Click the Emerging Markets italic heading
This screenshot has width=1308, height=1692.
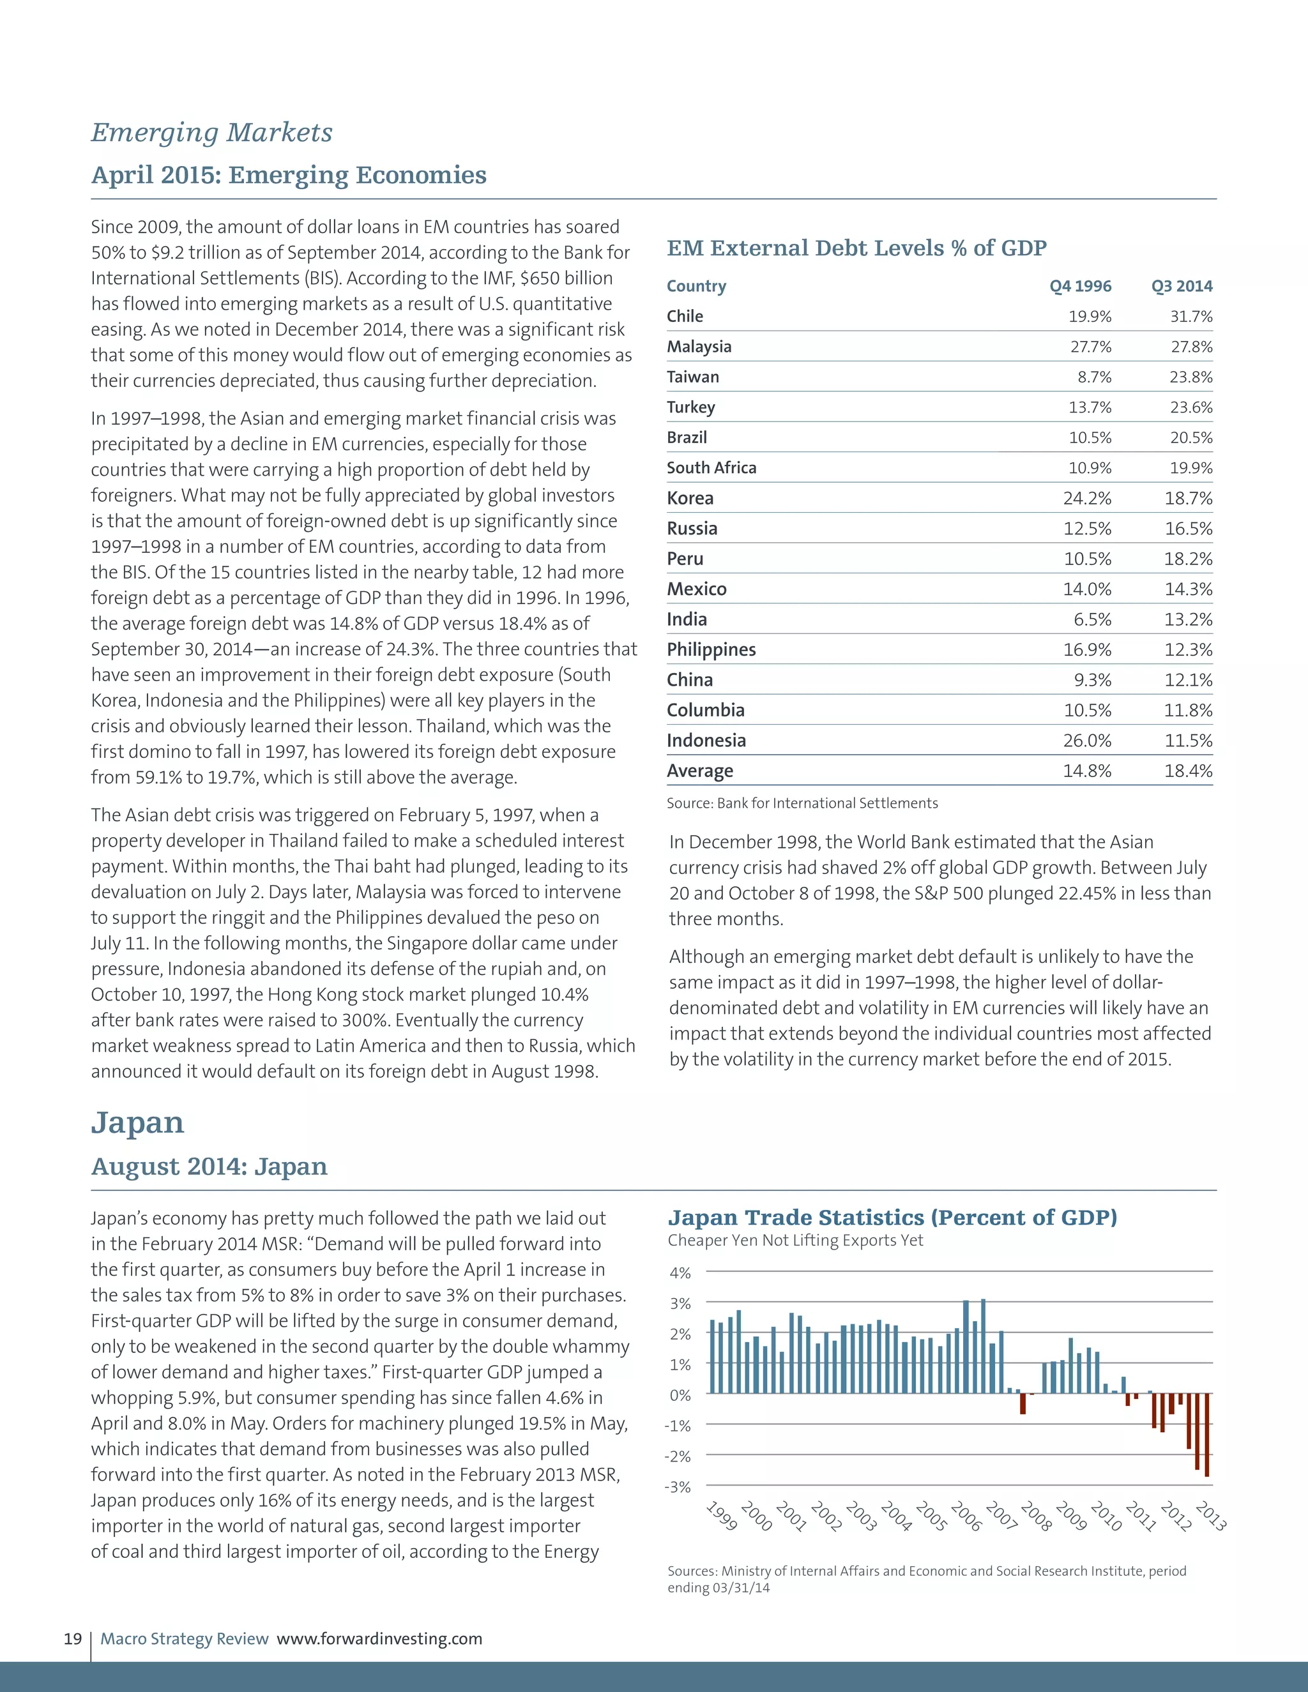[211, 132]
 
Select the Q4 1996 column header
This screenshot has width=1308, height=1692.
[1080, 286]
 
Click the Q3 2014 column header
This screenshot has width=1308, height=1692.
[1182, 286]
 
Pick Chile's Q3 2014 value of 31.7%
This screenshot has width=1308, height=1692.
[1191, 316]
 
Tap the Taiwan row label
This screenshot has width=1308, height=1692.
[693, 377]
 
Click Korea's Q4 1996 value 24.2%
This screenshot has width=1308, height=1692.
[1086, 498]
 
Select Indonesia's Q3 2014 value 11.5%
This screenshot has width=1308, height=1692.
[1188, 741]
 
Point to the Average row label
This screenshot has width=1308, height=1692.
[700, 771]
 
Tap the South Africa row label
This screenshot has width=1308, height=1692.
[711, 468]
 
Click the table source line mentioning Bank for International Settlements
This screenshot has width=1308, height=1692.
[802, 803]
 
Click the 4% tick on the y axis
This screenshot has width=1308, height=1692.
[680, 1273]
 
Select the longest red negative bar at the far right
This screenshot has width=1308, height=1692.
[1207, 1435]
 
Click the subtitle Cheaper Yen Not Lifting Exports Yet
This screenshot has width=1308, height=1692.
[795, 1241]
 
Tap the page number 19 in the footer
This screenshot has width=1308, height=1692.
[73, 1638]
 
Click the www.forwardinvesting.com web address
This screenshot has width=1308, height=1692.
[380, 1638]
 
